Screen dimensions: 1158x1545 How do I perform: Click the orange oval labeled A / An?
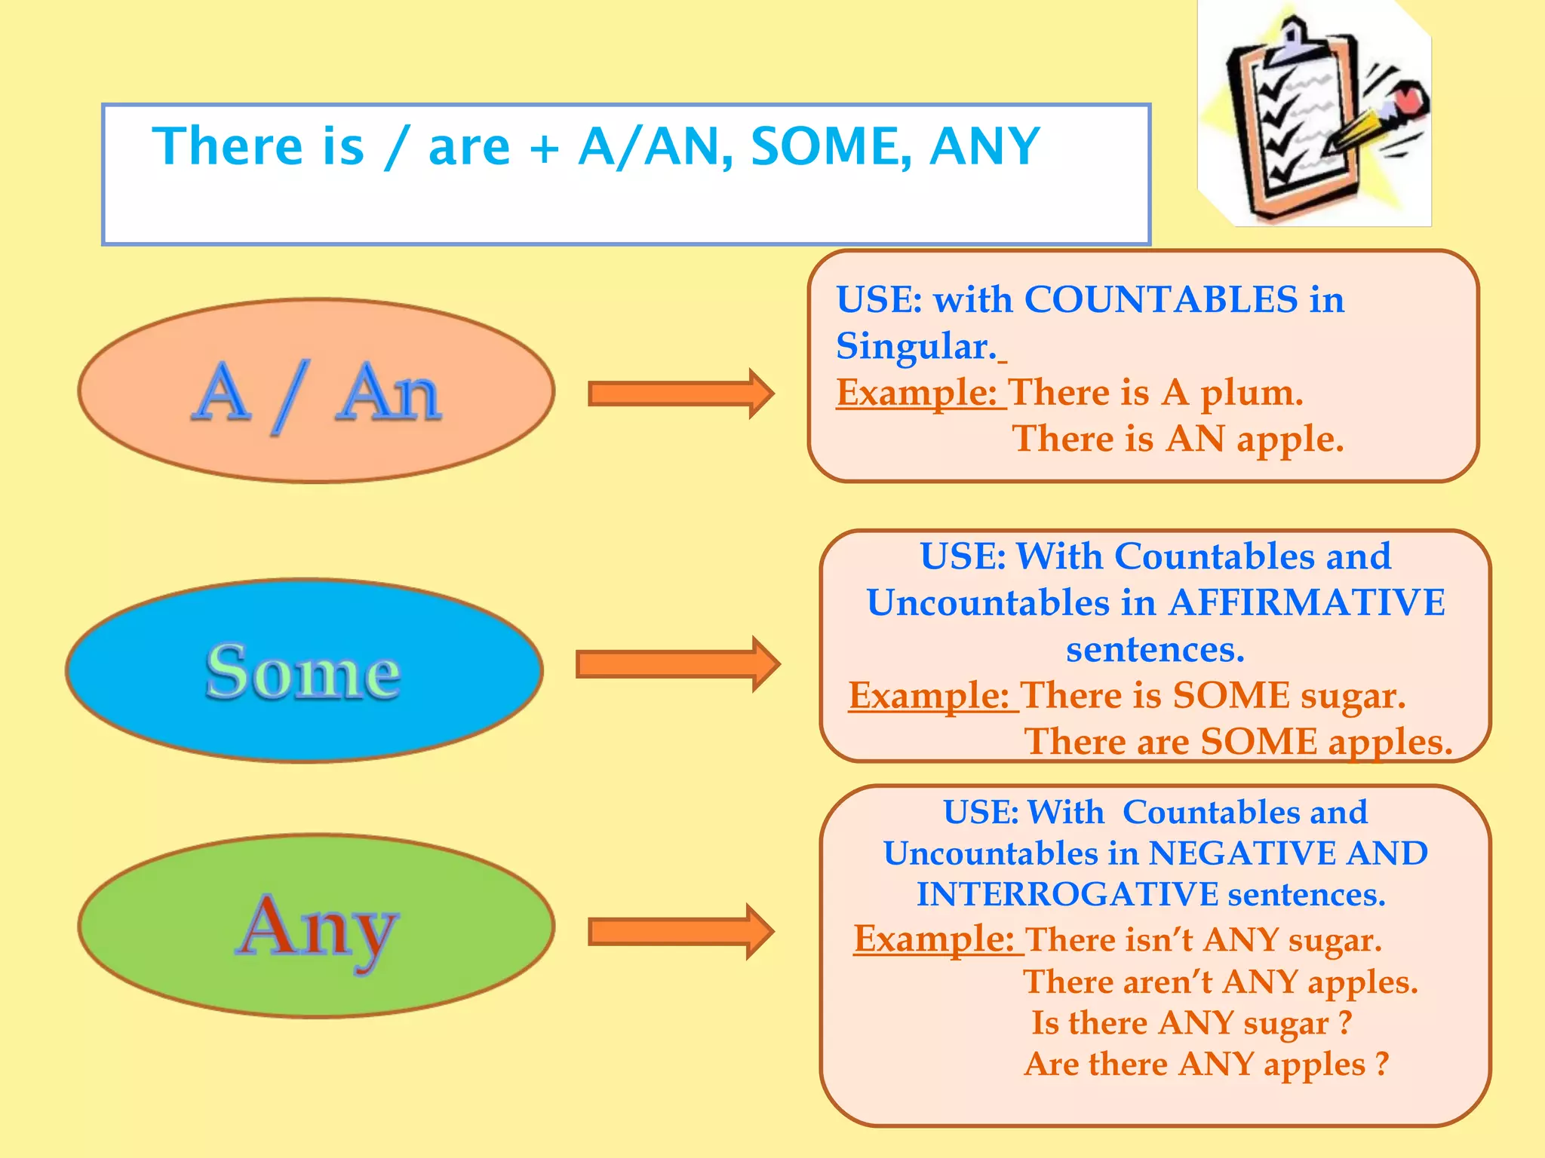point(316,391)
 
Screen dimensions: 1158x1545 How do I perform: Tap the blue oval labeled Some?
point(304,671)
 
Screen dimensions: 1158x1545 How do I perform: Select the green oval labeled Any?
point(316,927)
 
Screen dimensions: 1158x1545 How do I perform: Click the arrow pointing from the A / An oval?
point(680,394)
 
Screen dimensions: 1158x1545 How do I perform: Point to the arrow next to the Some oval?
point(677,664)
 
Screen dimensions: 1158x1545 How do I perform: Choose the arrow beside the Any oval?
point(680,932)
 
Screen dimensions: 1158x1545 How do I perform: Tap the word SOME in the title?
point(831,146)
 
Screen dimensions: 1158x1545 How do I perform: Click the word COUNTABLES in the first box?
point(1161,299)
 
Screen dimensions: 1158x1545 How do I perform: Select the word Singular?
point(916,346)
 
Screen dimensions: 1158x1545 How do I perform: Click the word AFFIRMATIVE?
point(1307,602)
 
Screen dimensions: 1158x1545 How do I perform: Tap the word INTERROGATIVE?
point(1067,895)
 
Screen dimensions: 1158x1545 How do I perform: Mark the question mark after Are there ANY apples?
point(1381,1064)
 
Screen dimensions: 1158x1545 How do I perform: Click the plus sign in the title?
point(544,147)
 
